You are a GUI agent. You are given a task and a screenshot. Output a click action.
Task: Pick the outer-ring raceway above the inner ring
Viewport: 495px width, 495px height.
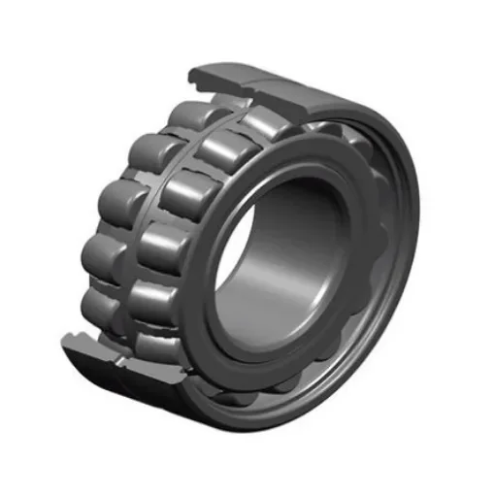click(x=320, y=136)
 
